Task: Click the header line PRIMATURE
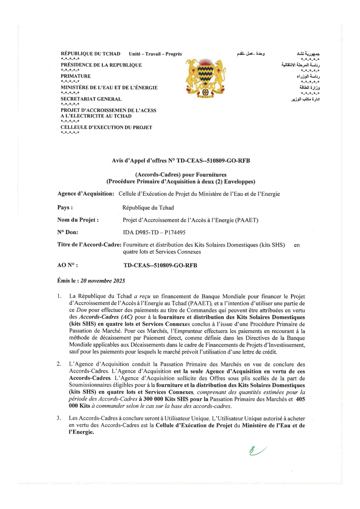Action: (x=76, y=76)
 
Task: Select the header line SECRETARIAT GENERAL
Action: (x=91, y=99)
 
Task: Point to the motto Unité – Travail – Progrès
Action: (x=155, y=54)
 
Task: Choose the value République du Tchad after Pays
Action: (x=148, y=207)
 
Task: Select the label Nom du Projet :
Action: (x=78, y=220)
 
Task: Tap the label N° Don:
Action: (x=68, y=233)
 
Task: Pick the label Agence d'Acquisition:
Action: (x=86, y=193)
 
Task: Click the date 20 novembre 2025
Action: (x=103, y=281)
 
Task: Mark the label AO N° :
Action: (x=68, y=265)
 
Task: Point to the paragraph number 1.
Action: (x=60, y=296)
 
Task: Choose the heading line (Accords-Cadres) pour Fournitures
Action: (x=181, y=175)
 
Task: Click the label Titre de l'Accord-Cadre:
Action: (x=89, y=245)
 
